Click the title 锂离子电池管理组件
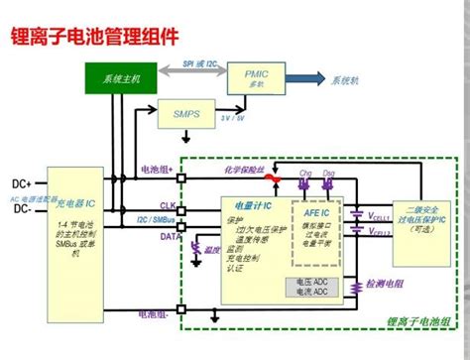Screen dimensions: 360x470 (x=94, y=38)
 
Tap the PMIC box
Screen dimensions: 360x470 (x=256, y=77)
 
